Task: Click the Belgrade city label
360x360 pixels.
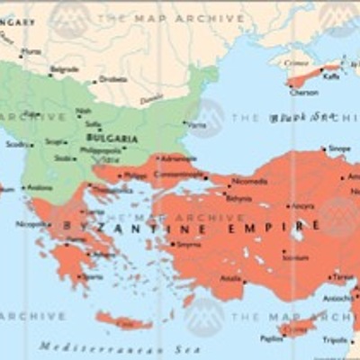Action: pyautogui.click(x=64, y=70)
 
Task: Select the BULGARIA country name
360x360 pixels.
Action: pyautogui.click(x=112, y=138)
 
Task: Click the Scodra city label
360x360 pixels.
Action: pyautogui.click(x=15, y=144)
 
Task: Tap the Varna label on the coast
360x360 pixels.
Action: pyautogui.click(x=195, y=125)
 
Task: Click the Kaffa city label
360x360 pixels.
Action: pyautogui.click(x=332, y=77)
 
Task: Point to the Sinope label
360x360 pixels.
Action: pyautogui.click(x=340, y=148)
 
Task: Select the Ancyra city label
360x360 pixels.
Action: pyautogui.click(x=302, y=206)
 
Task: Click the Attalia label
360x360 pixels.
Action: pyautogui.click(x=231, y=278)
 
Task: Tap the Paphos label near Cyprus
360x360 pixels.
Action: pyautogui.click(x=272, y=339)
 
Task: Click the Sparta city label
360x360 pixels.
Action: pyautogui.click(x=94, y=276)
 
